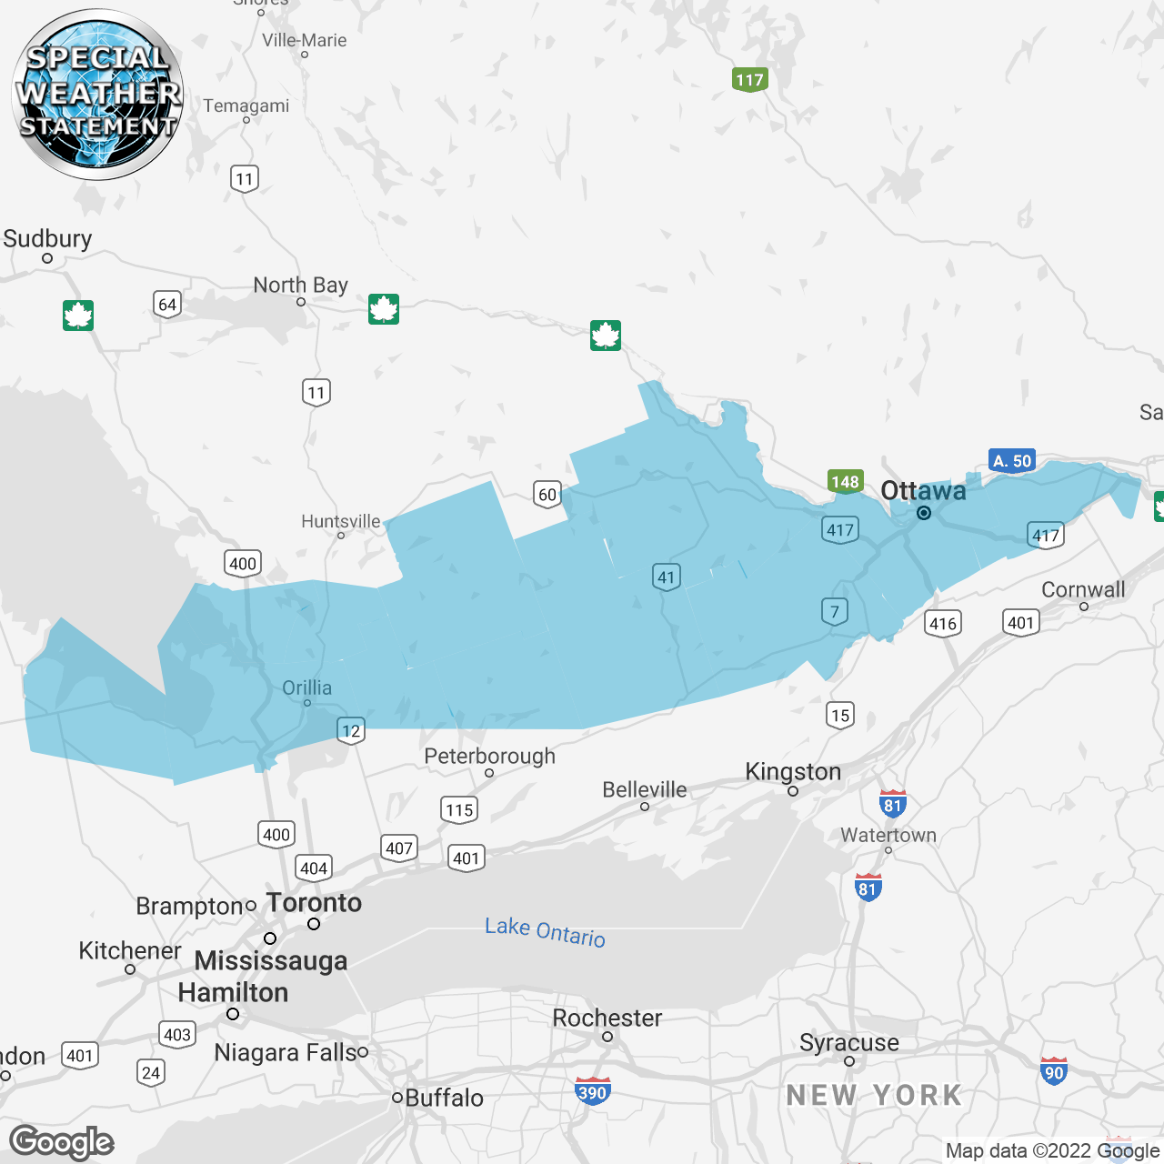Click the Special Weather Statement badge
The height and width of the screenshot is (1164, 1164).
pos(97,94)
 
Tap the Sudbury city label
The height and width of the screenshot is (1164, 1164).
pos(47,239)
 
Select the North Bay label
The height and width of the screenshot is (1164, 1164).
pos(300,286)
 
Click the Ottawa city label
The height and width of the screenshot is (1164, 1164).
pos(923,491)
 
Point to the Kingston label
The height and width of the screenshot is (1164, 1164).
pos(792,772)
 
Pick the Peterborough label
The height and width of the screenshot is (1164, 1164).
pos(489,757)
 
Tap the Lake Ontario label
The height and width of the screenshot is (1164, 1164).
pos(545,932)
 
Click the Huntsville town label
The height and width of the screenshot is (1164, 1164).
pos(340,521)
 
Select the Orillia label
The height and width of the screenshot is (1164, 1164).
pos(306,688)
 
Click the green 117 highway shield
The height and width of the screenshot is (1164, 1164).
pos(749,80)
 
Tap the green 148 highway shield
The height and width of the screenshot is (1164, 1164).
pos(845,482)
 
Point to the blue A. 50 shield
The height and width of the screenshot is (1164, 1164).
pos(1012,461)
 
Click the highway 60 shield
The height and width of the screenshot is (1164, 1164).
pos(547,495)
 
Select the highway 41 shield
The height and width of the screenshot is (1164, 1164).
pos(667,577)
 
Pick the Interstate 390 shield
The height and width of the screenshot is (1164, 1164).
pos(592,1092)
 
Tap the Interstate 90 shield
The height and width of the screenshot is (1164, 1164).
pos(1053,1071)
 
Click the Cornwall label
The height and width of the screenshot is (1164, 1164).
pos(1083,590)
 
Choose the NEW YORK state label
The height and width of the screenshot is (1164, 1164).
pos(874,1096)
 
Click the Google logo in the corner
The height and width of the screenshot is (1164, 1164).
pos(62,1142)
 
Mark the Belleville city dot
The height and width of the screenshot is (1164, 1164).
pos(645,806)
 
